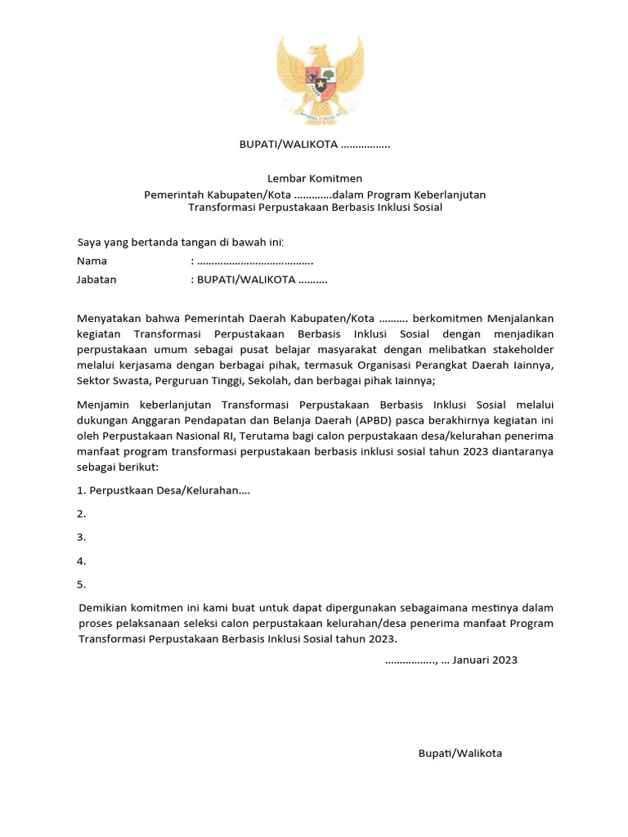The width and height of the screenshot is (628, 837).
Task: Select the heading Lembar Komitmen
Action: coord(315,178)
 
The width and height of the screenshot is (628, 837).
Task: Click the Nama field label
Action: coord(92,261)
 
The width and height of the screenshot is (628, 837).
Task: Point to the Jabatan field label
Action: coord(96,279)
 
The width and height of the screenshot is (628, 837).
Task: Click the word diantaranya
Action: coord(518,451)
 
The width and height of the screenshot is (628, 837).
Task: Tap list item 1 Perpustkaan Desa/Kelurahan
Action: coord(164,490)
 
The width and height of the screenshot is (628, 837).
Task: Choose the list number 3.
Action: coord(81,537)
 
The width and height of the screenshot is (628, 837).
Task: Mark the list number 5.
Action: coord(81,584)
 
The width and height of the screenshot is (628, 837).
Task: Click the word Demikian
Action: coord(104,607)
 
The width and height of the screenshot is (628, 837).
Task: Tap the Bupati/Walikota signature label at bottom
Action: coord(460,753)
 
